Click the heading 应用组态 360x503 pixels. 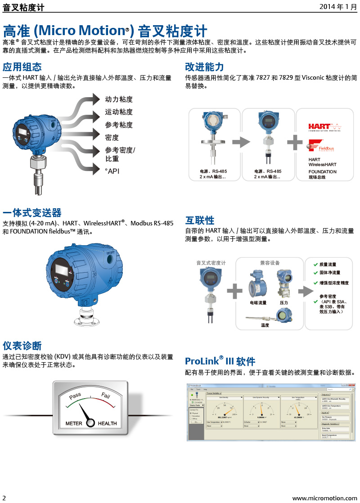coord(22,67)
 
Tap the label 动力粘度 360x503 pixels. coord(119,99)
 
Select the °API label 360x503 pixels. coord(112,171)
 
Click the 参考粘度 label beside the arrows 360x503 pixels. coord(119,125)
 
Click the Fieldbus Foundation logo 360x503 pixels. coord(321,146)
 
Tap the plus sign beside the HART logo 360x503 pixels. coord(295,143)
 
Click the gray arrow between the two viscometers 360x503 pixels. coord(240,143)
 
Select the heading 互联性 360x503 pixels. coord(200,220)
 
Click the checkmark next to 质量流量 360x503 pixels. coord(316,265)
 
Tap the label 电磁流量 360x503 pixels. coord(258,303)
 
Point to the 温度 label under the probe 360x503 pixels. coord(265,325)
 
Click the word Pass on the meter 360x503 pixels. coord(75,395)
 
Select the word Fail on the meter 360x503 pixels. coord(106,395)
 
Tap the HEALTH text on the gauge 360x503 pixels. coord(107,423)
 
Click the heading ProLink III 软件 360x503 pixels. coord(220,361)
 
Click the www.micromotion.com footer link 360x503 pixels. coord(324,498)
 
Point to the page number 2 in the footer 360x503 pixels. coord(4,498)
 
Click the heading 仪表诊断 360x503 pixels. coord(22,346)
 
